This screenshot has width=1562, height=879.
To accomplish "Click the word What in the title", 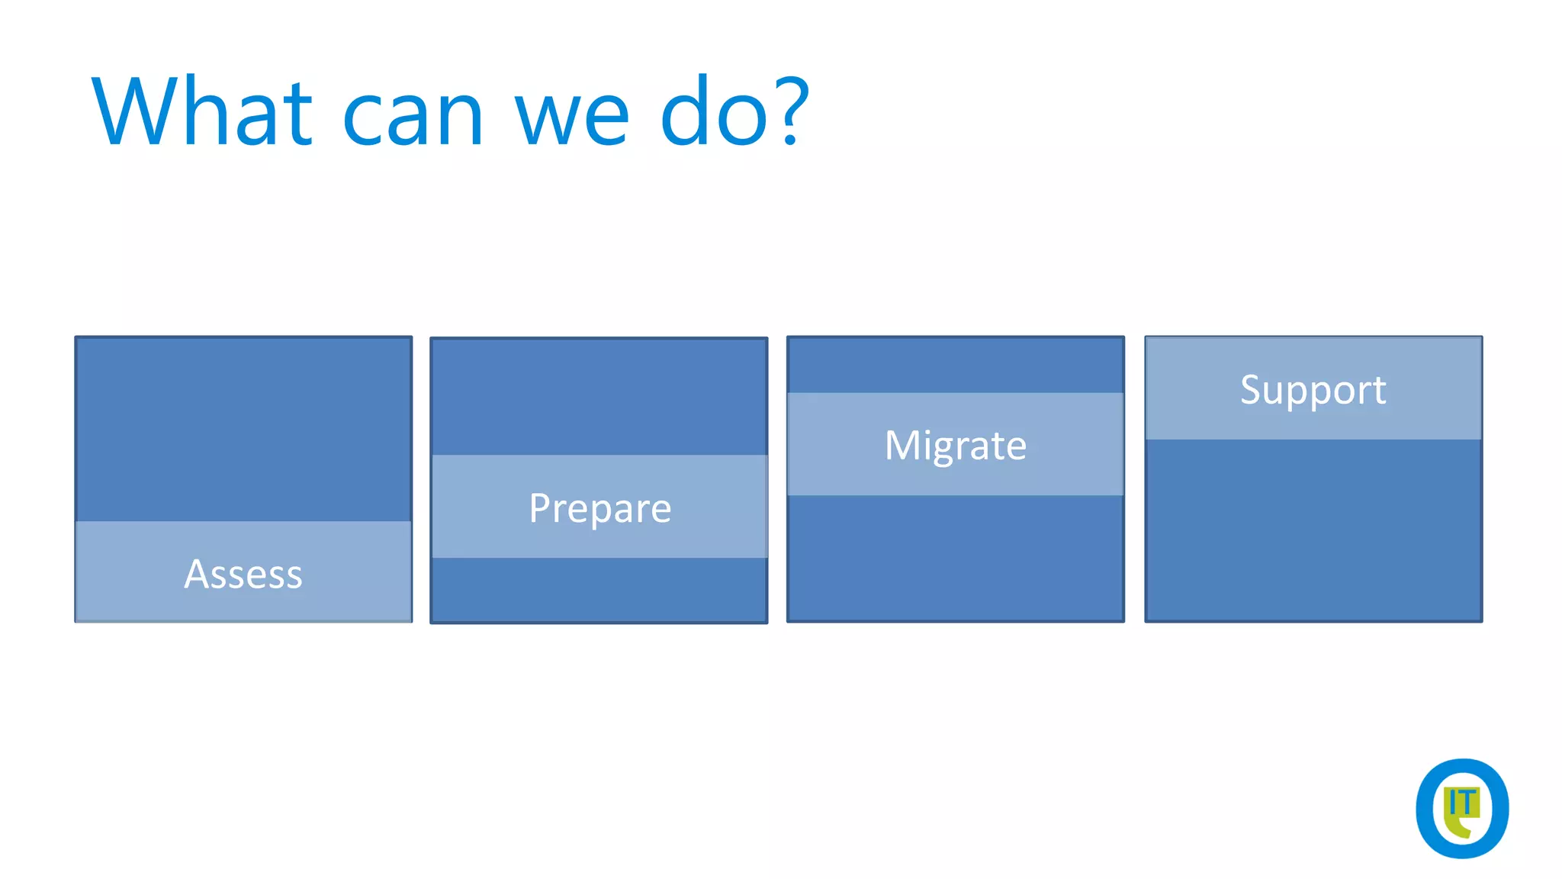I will (202, 111).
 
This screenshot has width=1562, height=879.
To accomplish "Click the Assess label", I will (243, 574).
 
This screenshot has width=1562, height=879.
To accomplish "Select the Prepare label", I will (599, 508).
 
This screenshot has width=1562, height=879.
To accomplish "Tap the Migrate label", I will (955, 445).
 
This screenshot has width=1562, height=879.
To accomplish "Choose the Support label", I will (1313, 390).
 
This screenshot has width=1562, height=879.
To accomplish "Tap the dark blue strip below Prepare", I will (599, 589).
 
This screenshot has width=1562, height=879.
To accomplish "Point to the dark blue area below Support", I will (1313, 530).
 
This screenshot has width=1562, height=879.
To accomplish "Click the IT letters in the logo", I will (1462, 803).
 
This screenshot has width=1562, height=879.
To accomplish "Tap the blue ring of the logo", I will (1423, 809).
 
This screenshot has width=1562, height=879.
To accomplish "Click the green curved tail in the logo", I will (1458, 829).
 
